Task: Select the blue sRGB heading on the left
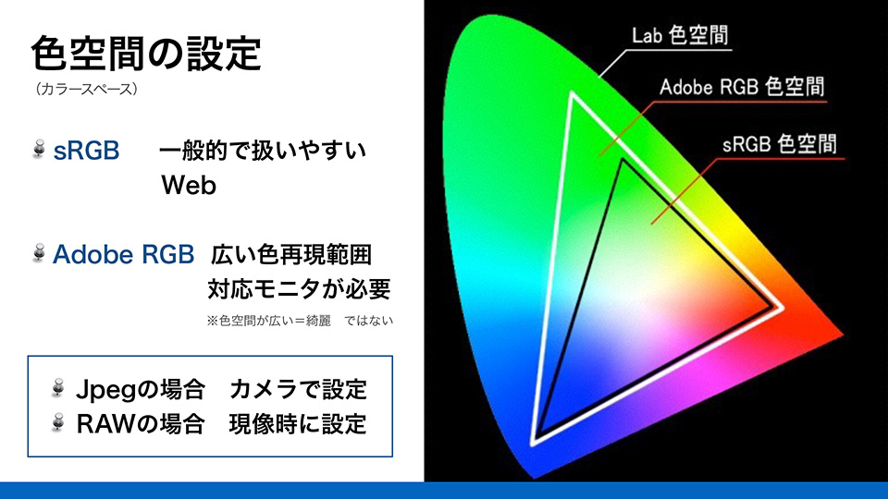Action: (86, 151)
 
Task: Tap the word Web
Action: (189, 186)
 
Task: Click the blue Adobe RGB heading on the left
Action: (123, 254)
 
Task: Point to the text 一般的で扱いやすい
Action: (263, 151)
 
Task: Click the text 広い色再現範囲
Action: (291, 254)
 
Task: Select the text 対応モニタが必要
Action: (299, 289)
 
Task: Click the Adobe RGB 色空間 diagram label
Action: (742, 88)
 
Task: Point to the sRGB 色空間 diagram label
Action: (780, 144)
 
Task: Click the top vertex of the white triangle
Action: (573, 94)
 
